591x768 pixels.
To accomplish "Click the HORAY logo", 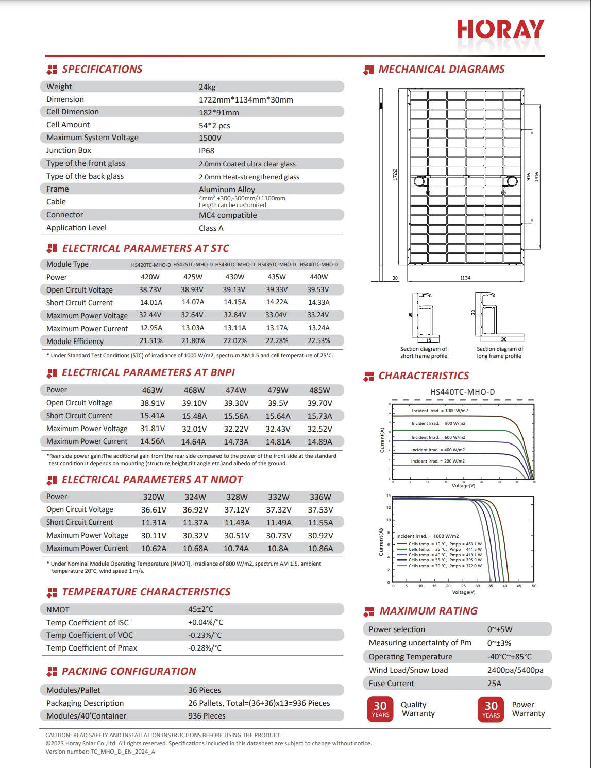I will [500, 30].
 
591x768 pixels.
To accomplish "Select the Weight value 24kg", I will [207, 87].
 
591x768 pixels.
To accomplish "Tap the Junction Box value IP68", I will [207, 151].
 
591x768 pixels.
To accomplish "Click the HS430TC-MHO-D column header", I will [235, 265].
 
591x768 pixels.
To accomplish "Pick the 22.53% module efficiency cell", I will [319, 341].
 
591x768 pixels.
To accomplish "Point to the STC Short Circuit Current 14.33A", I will [319, 303].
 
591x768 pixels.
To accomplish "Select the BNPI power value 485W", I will [319, 390].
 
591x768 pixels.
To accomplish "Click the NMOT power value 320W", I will [154, 497].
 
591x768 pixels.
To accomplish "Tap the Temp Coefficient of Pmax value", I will [205, 648].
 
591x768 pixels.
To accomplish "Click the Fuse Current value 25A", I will [494, 684].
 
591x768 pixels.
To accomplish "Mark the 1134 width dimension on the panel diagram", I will [465, 278].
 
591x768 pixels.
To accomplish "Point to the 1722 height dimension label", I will [395, 174].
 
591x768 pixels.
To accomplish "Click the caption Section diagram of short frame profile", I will [424, 352].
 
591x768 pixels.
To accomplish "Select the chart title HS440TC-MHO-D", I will [462, 392].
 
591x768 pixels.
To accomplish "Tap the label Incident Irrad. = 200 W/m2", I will [437, 461].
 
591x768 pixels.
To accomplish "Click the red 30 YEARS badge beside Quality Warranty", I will [380, 709].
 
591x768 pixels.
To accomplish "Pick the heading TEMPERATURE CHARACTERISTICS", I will [146, 592].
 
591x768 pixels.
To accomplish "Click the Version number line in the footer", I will [100, 752].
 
